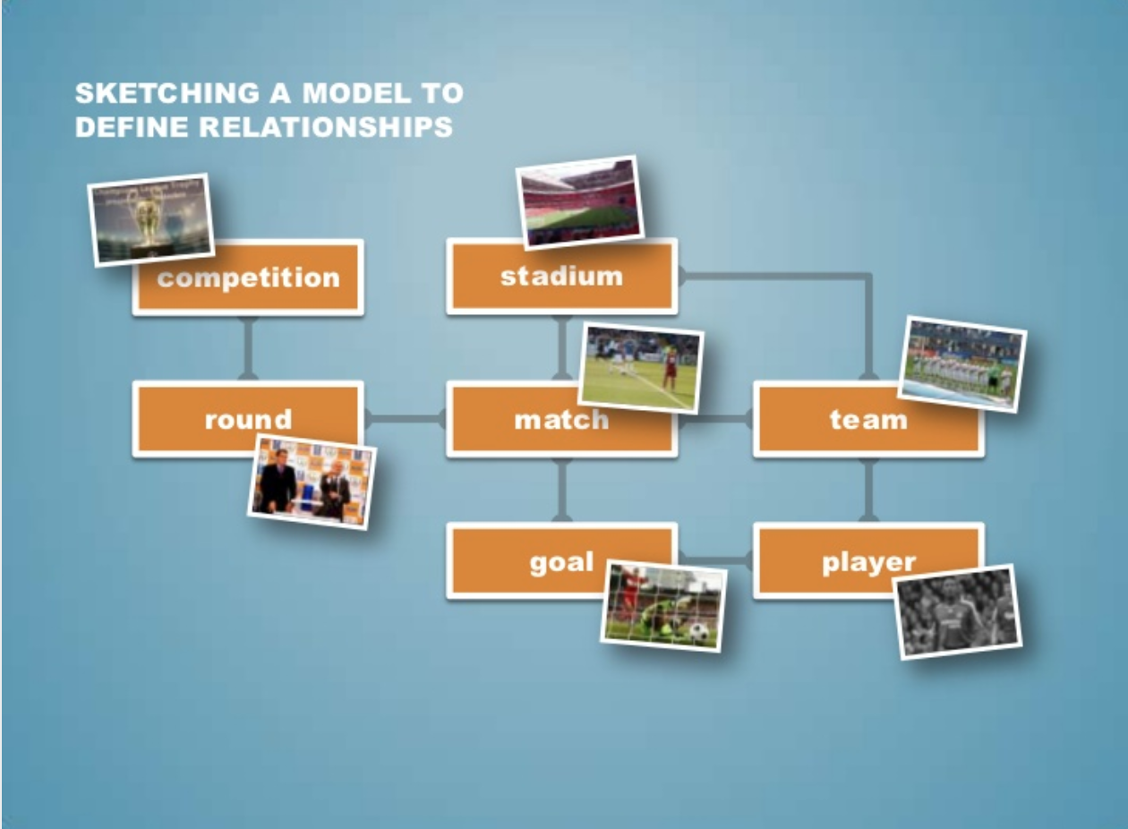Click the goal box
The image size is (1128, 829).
[x=537, y=562]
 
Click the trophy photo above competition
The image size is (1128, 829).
[x=151, y=219]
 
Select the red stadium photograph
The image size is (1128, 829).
[x=581, y=201]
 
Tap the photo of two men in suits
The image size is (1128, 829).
[x=312, y=482]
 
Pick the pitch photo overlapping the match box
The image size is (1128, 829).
[x=641, y=368]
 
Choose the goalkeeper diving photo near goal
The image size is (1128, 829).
[x=663, y=606]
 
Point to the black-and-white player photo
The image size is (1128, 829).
[x=958, y=612]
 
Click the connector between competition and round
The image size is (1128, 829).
[x=248, y=348]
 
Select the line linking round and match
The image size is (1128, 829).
[x=405, y=418]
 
